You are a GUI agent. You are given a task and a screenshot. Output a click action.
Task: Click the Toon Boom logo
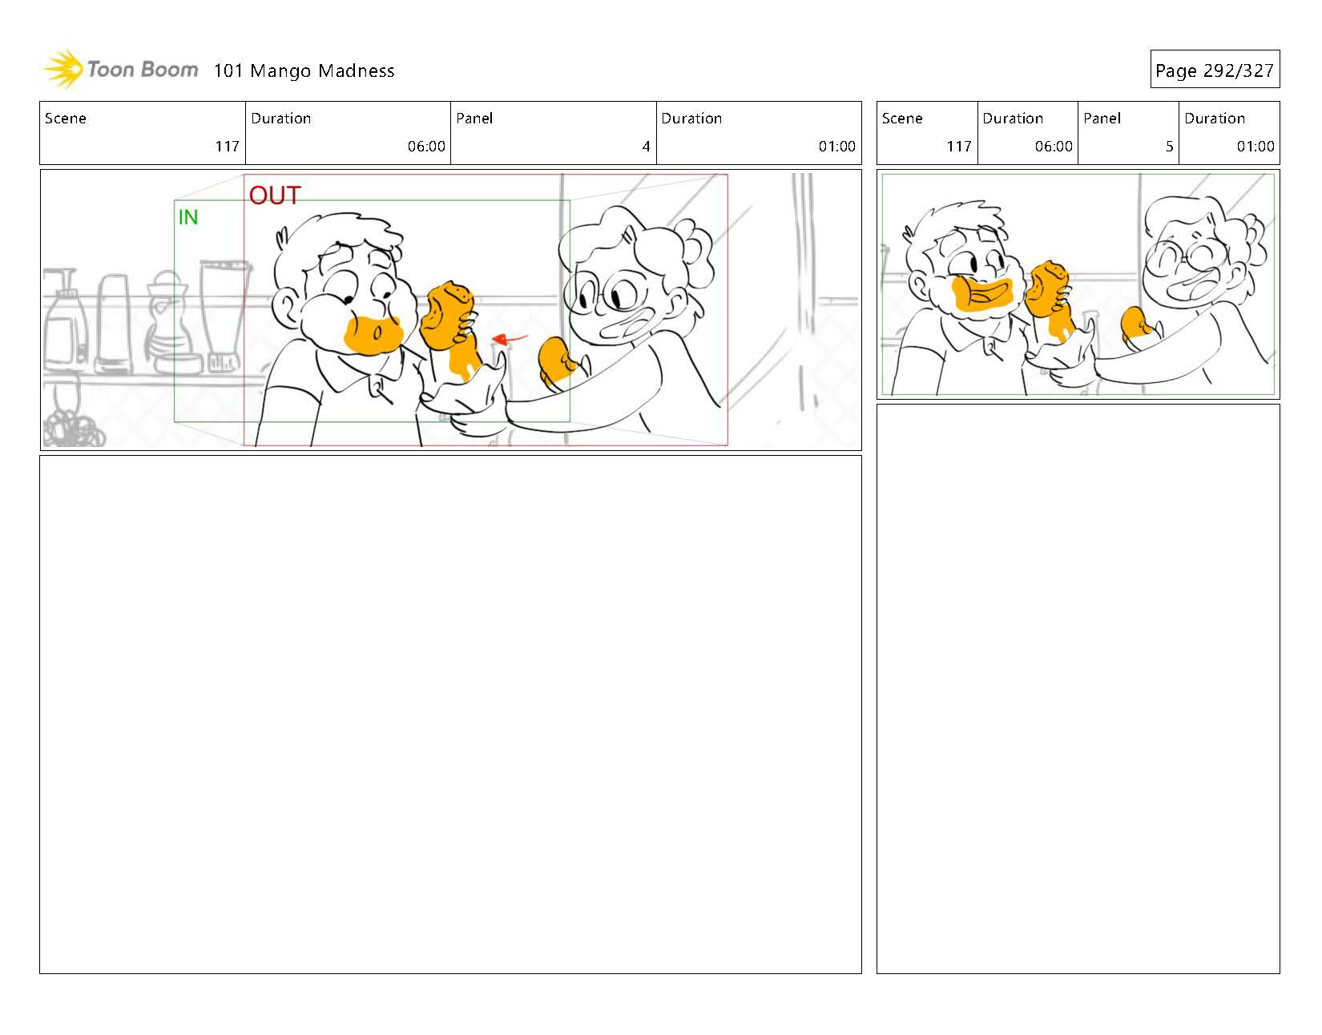point(120,70)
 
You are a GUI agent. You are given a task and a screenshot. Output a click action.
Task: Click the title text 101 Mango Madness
point(304,70)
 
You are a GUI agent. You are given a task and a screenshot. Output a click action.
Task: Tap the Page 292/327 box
point(1214,70)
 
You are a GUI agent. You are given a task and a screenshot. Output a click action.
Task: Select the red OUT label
point(274,195)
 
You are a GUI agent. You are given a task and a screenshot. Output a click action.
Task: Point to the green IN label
point(188,217)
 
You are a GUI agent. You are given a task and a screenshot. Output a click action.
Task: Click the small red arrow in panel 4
point(509,338)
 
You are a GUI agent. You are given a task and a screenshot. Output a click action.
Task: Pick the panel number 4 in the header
point(646,147)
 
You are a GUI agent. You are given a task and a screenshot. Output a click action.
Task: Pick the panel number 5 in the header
point(1169,147)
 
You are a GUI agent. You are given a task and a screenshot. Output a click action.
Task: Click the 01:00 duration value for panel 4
point(836,147)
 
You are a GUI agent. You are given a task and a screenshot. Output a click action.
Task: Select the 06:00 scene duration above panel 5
point(1053,147)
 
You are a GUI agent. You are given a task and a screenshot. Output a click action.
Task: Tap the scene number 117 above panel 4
point(227,147)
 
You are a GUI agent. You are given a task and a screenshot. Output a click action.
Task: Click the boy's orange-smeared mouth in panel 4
point(373,335)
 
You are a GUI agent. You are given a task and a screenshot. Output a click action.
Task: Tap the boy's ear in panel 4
point(284,305)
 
